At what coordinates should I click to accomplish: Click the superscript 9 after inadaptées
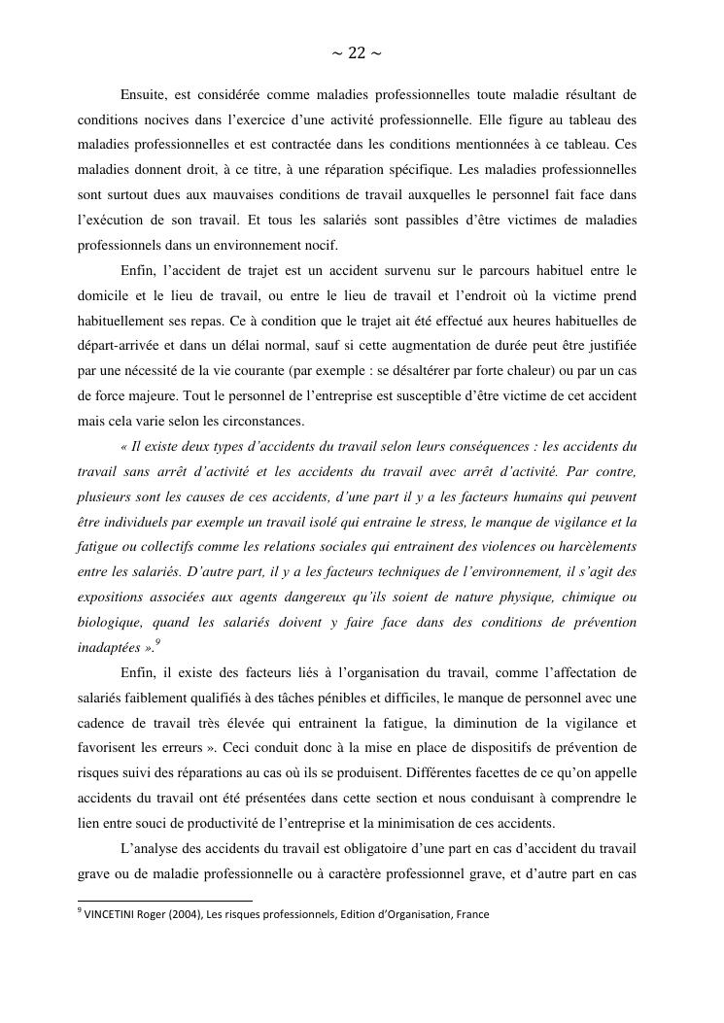click(157, 642)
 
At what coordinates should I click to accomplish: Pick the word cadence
click(102, 723)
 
